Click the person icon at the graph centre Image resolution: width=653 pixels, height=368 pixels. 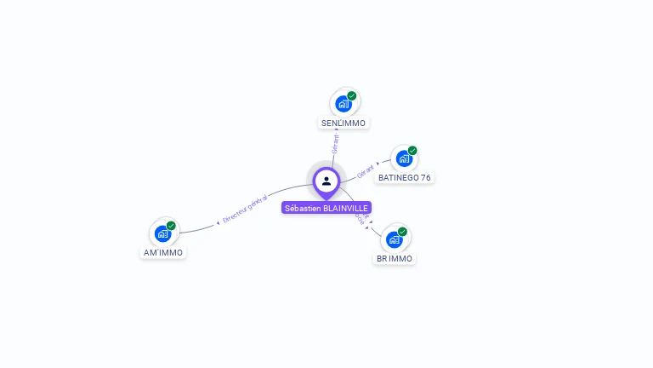point(326,181)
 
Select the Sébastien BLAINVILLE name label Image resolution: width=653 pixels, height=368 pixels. point(326,208)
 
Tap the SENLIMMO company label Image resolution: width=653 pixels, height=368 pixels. point(344,124)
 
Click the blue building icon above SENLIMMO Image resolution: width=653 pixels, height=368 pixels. point(343,104)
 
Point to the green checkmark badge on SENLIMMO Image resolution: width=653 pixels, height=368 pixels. point(352,96)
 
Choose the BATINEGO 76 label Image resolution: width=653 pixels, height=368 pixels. point(405,178)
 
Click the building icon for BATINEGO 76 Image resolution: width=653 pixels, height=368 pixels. point(404,158)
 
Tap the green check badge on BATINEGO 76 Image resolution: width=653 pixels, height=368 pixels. point(412,151)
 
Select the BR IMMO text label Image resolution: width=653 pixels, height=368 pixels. point(395,259)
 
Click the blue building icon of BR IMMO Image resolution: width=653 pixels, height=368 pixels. point(394,239)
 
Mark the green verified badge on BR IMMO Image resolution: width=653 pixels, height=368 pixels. point(402,232)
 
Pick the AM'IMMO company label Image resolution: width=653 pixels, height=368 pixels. point(163,253)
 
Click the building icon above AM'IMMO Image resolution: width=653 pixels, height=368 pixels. point(162,233)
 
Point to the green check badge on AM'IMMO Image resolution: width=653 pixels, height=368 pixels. point(171,226)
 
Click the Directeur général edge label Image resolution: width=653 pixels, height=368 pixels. point(245,208)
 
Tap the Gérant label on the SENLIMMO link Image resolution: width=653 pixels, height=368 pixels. point(335,144)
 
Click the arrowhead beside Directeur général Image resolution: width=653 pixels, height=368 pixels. point(218,222)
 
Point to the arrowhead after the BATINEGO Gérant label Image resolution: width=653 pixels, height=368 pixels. point(378,163)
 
